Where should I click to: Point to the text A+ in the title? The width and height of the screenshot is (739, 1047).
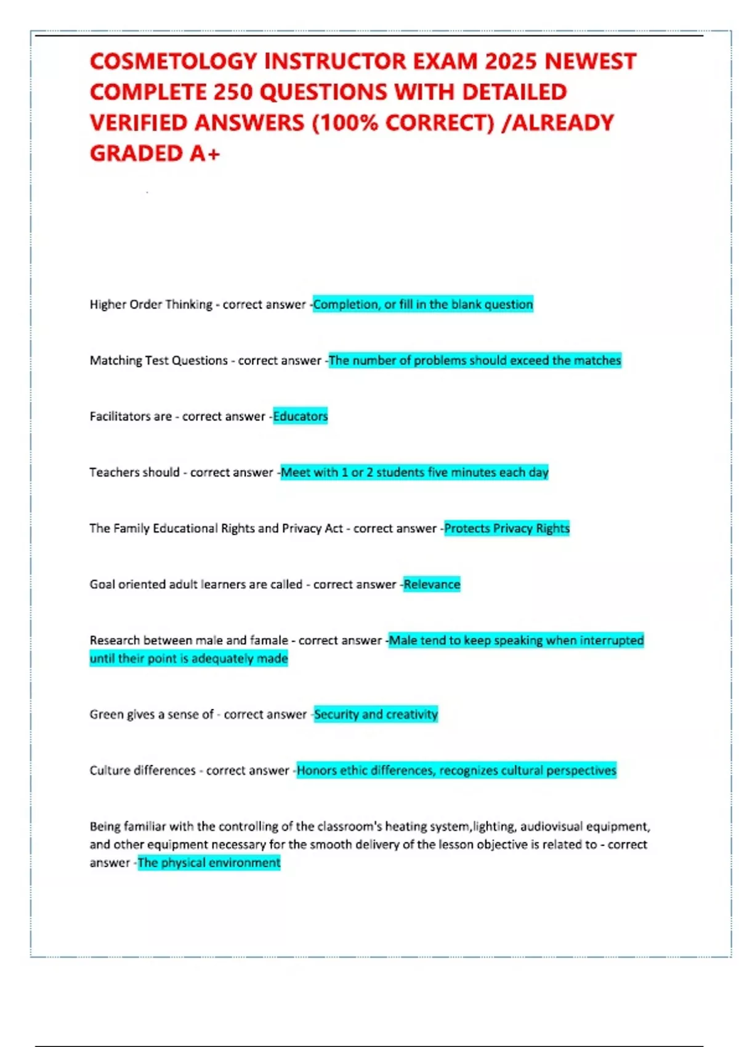[204, 153]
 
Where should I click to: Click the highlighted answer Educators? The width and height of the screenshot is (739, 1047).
[301, 416]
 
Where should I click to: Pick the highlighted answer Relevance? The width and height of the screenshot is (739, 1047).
[432, 584]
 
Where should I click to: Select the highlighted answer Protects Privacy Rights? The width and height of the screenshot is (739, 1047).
[507, 528]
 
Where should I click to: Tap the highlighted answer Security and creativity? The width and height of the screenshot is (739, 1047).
[376, 714]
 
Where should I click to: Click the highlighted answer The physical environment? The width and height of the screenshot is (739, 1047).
[209, 863]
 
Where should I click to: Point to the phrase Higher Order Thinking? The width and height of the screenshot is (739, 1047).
[151, 304]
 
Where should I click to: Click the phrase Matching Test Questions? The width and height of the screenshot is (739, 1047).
[159, 360]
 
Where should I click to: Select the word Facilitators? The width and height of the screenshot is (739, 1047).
[121, 416]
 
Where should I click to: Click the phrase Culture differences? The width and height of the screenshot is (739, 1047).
[143, 770]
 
